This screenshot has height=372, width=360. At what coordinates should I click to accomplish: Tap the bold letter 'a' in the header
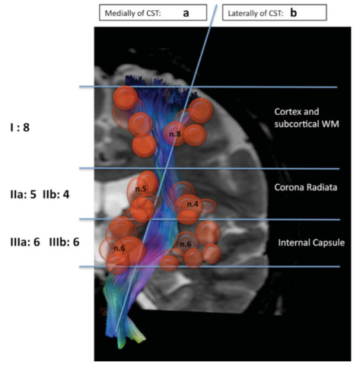coord(186,13)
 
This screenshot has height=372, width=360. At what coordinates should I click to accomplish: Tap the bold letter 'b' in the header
coord(293,13)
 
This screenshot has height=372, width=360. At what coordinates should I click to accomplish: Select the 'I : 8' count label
coord(20,127)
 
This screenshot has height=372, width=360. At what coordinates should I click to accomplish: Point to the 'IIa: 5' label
coord(23,195)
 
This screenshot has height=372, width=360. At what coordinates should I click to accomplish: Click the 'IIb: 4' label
coord(56,195)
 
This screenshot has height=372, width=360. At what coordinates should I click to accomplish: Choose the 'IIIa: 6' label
coord(25,242)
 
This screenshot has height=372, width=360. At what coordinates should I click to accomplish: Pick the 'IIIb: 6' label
coord(64,242)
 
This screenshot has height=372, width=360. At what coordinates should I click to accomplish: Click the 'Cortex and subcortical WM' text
coord(307,118)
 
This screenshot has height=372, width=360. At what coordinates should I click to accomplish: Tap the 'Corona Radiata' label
coord(306,187)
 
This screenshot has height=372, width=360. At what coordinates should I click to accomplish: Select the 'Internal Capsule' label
coord(311,243)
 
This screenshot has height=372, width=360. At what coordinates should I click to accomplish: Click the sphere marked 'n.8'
coord(175,134)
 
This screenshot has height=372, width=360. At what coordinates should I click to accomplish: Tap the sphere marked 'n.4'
coord(189,205)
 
